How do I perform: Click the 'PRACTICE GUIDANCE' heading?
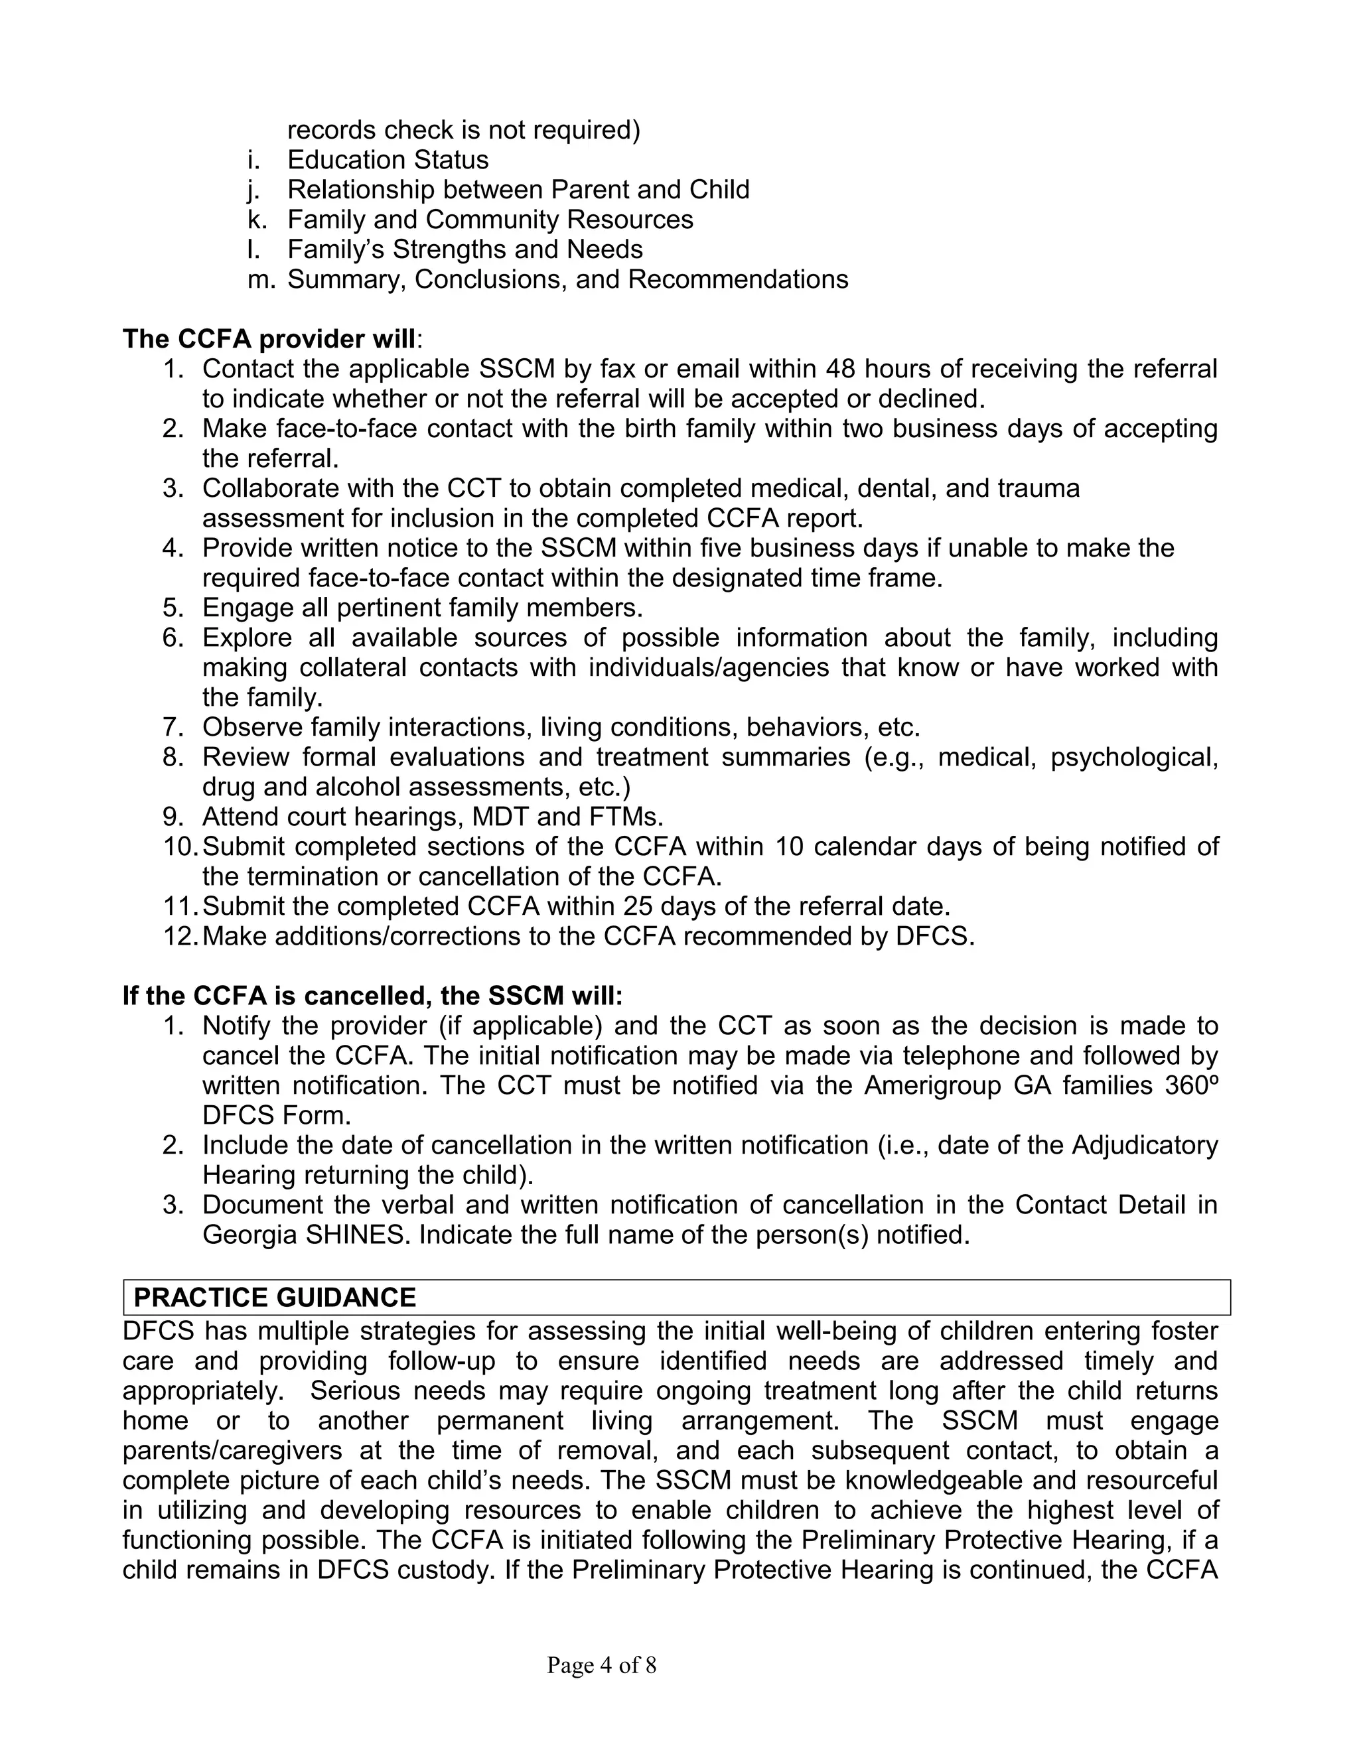pyautogui.click(x=275, y=1298)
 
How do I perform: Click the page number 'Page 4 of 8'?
pyautogui.click(x=601, y=1664)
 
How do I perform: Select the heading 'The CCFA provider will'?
pyautogui.click(x=269, y=339)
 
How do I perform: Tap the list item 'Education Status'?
pyautogui.click(x=388, y=159)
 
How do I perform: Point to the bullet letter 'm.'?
pyautogui.click(x=261, y=279)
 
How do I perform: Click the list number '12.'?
pyautogui.click(x=180, y=936)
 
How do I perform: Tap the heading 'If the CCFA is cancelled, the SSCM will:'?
pyautogui.click(x=373, y=996)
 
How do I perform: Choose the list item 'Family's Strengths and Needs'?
pyautogui.click(x=465, y=249)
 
